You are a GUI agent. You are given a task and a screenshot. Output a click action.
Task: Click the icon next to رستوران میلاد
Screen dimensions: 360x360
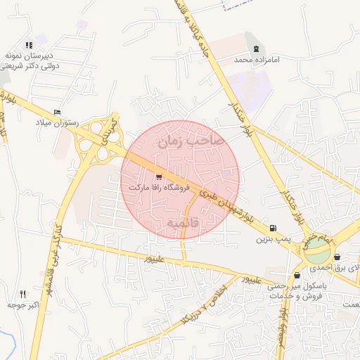(57, 112)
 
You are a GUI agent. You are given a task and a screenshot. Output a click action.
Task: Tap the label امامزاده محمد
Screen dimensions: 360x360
(257, 60)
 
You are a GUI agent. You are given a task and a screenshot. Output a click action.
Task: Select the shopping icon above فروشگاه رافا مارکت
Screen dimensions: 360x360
(159, 177)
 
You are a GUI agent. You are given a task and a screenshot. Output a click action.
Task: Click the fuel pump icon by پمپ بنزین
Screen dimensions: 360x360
(272, 229)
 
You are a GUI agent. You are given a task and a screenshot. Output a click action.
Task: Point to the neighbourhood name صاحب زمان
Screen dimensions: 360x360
(191, 141)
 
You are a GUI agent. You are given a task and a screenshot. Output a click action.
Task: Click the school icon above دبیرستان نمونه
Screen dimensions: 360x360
(29, 45)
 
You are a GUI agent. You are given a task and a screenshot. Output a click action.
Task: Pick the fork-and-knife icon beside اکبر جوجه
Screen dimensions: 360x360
(22, 294)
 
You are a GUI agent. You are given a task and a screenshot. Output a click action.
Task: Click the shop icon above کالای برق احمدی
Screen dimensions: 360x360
(338, 257)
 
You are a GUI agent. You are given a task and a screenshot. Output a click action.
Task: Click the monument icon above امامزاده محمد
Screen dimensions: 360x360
(257, 49)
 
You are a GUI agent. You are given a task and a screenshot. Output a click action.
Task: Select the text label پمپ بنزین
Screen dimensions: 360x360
(272, 240)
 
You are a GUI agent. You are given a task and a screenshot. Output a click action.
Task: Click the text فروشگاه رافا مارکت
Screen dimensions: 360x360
(159, 188)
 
